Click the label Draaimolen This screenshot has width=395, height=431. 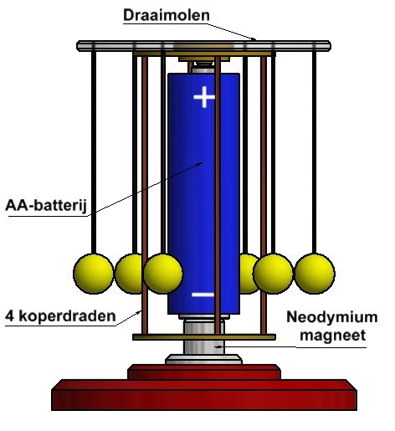(x=167, y=15)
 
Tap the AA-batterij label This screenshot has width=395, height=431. (x=46, y=206)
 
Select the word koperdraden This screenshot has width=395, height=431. (x=67, y=316)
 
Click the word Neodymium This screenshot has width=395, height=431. (x=332, y=318)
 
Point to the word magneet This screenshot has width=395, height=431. (x=332, y=335)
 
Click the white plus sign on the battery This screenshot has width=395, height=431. (x=204, y=97)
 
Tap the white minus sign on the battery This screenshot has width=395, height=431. (x=203, y=295)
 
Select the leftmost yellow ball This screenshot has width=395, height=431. (x=93, y=274)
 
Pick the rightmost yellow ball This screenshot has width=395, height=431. (x=315, y=274)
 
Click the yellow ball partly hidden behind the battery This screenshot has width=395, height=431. (x=249, y=274)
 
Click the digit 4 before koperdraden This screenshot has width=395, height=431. (x=9, y=316)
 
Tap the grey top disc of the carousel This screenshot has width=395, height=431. (x=204, y=46)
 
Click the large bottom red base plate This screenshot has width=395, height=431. (x=204, y=395)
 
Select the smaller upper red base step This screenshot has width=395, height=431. (x=204, y=372)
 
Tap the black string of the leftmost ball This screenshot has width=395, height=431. (x=94, y=152)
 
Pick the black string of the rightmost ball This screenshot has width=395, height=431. (x=314, y=152)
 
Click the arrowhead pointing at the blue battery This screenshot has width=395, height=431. (x=199, y=163)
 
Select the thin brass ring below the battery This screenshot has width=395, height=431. (x=204, y=337)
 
